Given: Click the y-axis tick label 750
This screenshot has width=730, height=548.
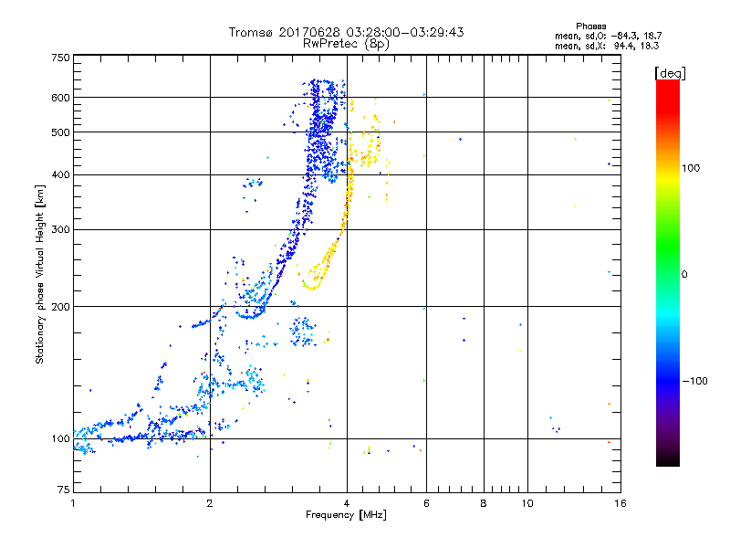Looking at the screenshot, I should (60, 57).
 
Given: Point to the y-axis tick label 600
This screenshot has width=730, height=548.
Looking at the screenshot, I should (60, 97).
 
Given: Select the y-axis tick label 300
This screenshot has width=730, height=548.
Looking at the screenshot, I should (60, 229).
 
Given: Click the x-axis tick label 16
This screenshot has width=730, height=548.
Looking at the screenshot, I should (619, 503).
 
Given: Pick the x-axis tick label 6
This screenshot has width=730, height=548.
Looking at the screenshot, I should (426, 503).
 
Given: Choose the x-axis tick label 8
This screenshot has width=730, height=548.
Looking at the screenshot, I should (484, 503).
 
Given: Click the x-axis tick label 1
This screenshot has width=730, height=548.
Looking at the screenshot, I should (73, 503).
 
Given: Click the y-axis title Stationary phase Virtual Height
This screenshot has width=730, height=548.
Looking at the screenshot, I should (40, 274).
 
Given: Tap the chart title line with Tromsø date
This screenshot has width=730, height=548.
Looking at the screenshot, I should (346, 32).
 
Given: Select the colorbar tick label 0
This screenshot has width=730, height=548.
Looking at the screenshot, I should (686, 274).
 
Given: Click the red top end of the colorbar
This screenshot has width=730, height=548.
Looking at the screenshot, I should (667, 84).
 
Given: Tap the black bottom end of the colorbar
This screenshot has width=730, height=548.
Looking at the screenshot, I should (667, 462).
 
